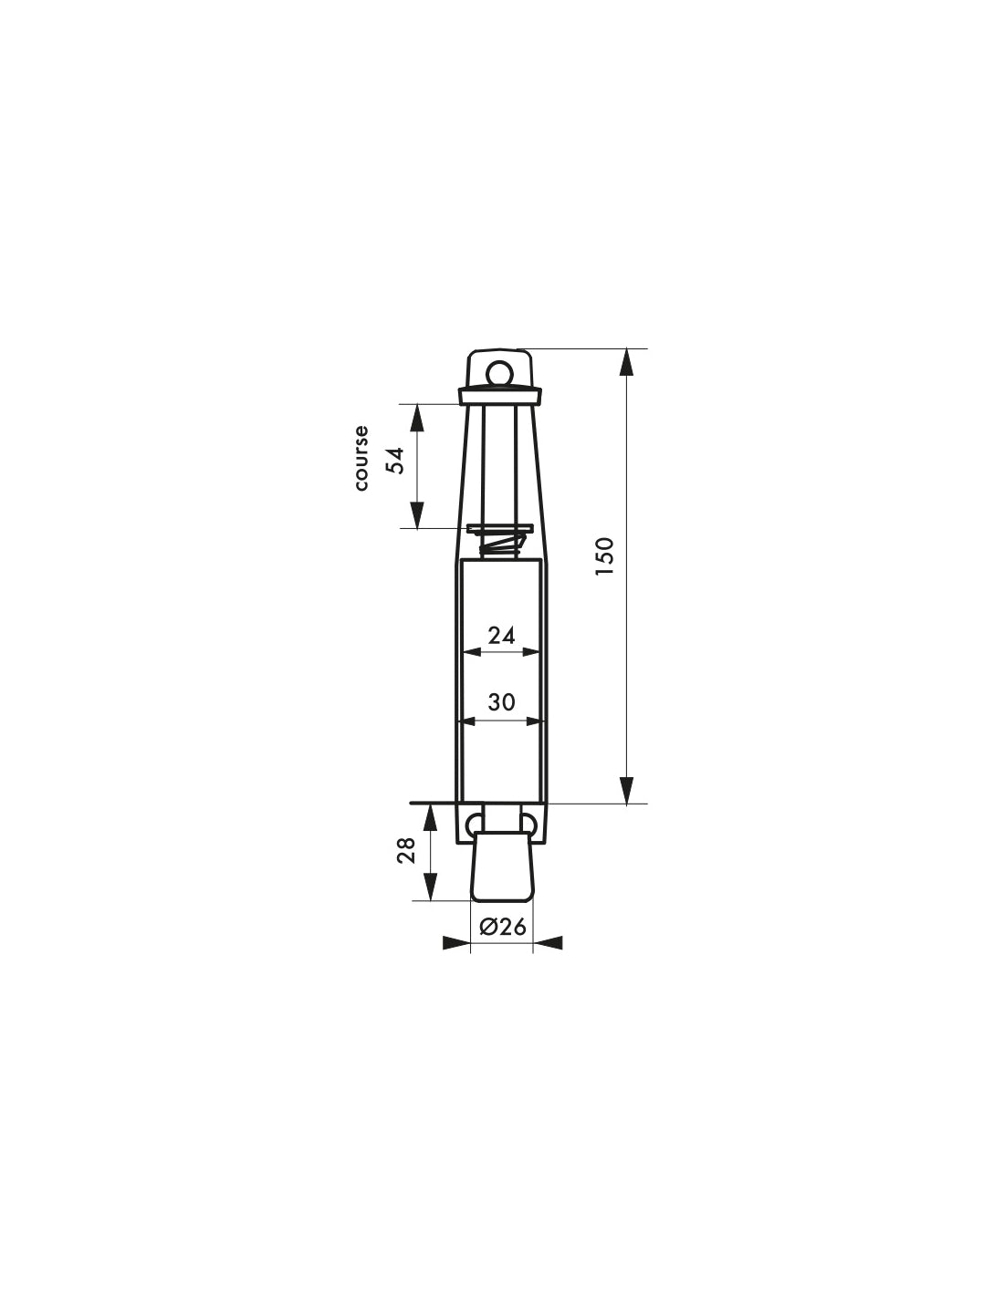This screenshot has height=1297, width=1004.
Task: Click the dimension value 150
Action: pos(604,556)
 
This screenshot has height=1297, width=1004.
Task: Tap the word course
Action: pos(362,458)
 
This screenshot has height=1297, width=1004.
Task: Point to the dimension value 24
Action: pos(501,636)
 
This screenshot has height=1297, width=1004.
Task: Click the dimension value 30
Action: pos(501,702)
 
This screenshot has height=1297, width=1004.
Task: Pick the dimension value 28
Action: pos(407,850)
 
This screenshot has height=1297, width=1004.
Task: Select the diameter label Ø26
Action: pos(502,927)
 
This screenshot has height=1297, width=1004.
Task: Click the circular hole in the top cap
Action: pos(499,372)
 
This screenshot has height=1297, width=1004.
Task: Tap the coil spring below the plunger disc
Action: pos(500,546)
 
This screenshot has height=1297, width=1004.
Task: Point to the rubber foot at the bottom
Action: pos(501,866)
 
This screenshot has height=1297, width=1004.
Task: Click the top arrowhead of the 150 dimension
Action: pos(626,362)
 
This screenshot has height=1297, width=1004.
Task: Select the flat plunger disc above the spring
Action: pos(499,529)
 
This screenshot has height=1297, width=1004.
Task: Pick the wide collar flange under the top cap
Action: pos(500,396)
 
